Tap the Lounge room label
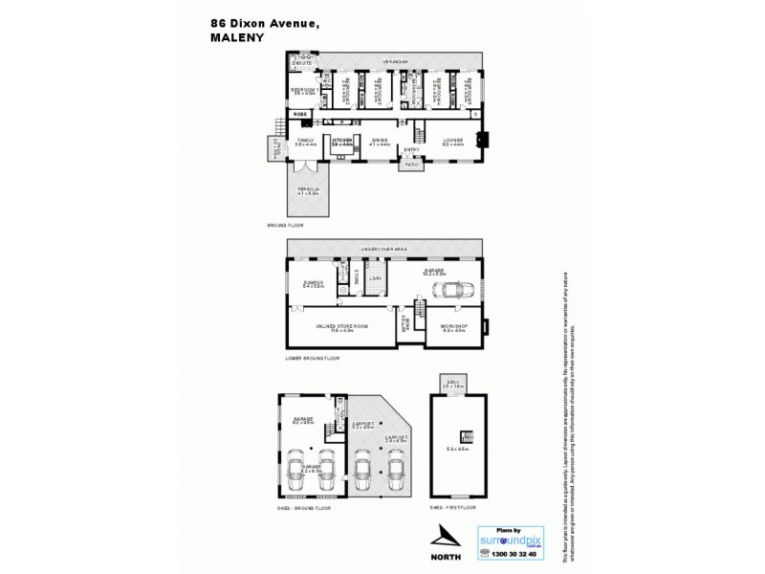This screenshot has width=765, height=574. coord(452,142)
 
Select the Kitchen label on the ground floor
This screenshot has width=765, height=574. coord(342,142)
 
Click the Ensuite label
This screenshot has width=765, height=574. coord(302,66)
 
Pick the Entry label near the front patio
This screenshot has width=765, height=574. coord(411,148)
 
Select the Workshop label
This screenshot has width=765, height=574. coord(453,330)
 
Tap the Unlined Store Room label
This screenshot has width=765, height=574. coord(341,327)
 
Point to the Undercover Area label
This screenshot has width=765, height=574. coord(383,249)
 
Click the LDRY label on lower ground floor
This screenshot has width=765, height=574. coord(376,278)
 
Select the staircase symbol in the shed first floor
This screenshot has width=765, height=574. coord(468,433)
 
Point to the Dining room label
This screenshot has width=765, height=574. coord(380,142)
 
